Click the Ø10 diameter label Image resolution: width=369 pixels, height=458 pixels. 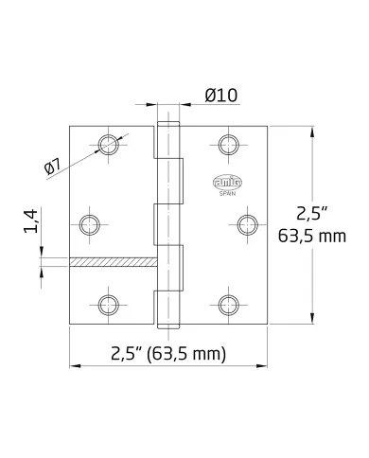(220, 95)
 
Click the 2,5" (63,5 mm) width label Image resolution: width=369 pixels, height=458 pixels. (168, 355)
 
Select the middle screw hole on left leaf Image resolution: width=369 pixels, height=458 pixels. (90, 224)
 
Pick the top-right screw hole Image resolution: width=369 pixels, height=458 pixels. (227, 144)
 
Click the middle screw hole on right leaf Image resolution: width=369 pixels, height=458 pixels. (245, 224)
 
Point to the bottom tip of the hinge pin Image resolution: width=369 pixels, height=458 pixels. (167, 326)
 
